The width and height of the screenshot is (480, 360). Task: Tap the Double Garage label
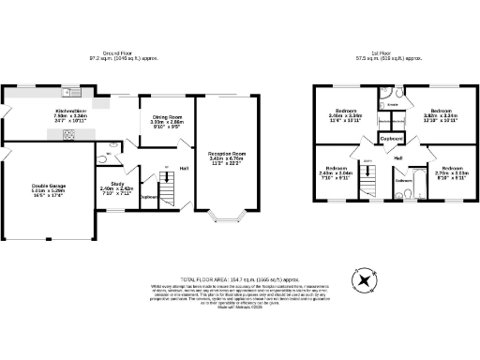pos(35,193)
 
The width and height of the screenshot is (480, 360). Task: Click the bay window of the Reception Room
pos(226,223)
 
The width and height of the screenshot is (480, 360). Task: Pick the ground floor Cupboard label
pos(148,197)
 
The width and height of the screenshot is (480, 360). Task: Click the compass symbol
pos(361,280)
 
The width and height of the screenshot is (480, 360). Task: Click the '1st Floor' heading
pos(380,52)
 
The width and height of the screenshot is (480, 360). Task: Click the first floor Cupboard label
pos(392,138)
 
